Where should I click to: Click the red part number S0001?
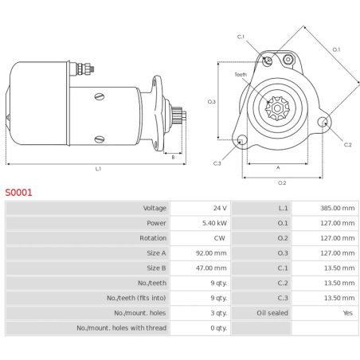[18, 192]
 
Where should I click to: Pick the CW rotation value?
[220, 238]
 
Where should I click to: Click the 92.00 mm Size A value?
[211, 253]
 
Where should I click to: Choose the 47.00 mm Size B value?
[211, 268]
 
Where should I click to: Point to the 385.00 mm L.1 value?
[338, 209]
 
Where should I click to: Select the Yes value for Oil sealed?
[347, 313]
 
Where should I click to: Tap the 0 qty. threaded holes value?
[218, 328]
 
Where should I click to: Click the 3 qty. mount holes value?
[218, 313]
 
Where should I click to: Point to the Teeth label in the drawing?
[241, 75]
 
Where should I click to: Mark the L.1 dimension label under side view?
[97, 169]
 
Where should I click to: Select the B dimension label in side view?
[173, 157]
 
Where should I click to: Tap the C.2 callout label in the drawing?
[347, 144]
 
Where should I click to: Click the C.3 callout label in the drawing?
[217, 163]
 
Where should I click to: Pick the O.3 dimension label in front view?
[211, 102]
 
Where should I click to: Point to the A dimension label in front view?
[277, 168]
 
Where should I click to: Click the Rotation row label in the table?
[153, 238]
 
